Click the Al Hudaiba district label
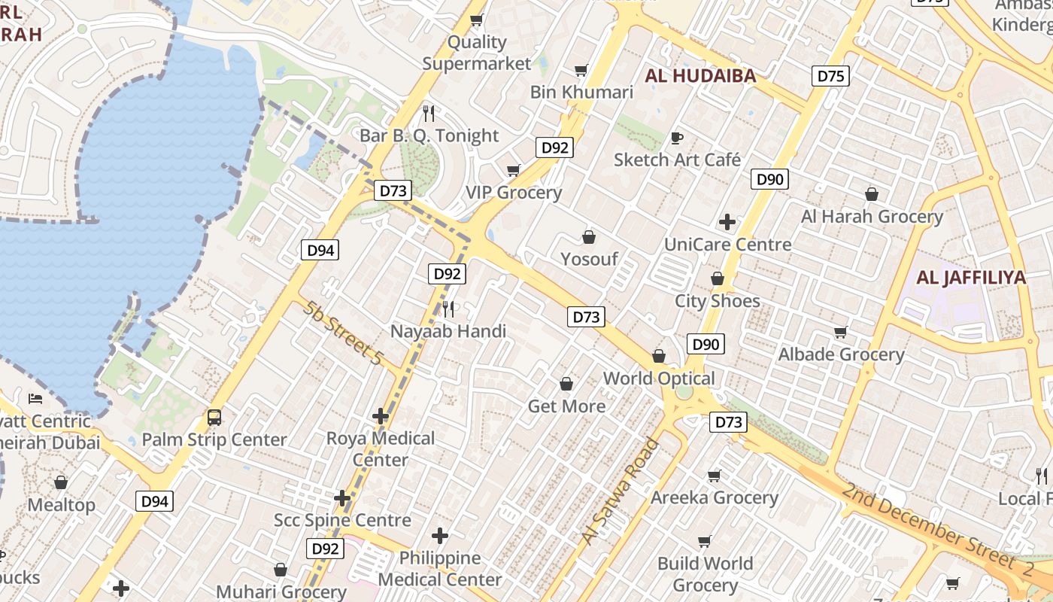click(700, 75)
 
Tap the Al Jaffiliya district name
click(971, 278)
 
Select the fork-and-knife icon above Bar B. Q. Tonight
click(429, 114)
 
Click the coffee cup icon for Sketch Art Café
click(677, 138)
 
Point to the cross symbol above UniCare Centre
click(727, 222)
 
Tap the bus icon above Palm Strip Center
click(214, 417)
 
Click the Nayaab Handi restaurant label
click(448, 331)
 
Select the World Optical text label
click(659, 378)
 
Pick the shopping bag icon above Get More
click(566, 385)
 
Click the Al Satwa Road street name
click(620, 491)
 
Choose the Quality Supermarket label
click(477, 53)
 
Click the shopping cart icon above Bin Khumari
click(581, 71)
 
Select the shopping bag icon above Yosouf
click(589, 237)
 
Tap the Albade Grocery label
click(841, 354)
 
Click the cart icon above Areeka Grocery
click(714, 476)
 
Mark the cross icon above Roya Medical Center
click(381, 415)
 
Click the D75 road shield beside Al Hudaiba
click(830, 76)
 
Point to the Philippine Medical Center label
click(440, 568)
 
